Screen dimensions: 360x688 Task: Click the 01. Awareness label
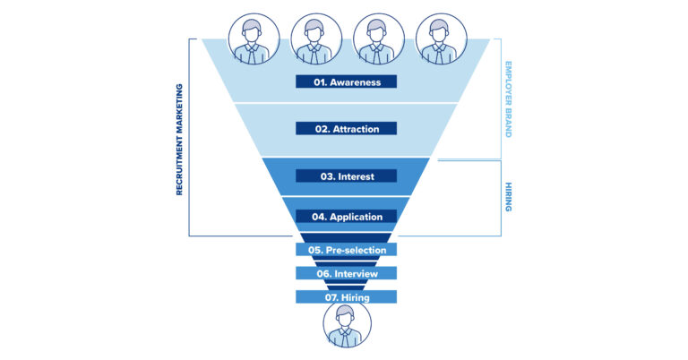[x=346, y=82]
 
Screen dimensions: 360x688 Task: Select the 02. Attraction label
[x=346, y=129]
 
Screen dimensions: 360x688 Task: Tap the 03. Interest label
[x=346, y=176]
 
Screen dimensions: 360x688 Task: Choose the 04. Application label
[x=346, y=217]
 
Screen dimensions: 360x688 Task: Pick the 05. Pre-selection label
[x=346, y=250]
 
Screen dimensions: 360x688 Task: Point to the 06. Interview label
[x=346, y=273]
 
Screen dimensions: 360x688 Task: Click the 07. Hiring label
[x=346, y=296]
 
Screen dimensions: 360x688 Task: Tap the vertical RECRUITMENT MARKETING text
[x=179, y=140]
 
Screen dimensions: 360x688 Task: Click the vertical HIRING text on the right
[x=508, y=196]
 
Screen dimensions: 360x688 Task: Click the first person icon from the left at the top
[x=254, y=39]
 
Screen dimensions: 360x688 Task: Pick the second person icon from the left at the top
[x=316, y=39]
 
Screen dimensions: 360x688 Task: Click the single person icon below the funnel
[x=347, y=325]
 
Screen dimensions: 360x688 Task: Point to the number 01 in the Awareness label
[x=319, y=82]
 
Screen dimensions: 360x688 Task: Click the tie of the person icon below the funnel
[x=347, y=339]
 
